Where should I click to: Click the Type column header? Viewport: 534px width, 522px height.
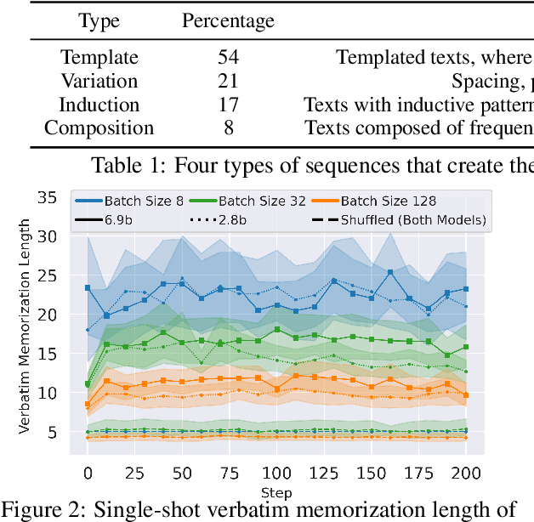99,20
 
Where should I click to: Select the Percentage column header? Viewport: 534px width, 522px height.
228,20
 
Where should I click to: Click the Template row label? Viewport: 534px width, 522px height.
99,58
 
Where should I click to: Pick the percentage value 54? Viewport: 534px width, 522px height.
228,58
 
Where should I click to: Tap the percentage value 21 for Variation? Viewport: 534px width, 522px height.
228,82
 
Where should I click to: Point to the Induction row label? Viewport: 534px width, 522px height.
99,105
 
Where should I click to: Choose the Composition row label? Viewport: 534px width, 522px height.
99,129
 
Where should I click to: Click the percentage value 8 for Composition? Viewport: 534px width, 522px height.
228,129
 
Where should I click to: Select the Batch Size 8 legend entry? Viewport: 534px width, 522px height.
128,201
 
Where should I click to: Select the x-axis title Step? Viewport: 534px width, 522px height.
276,493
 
